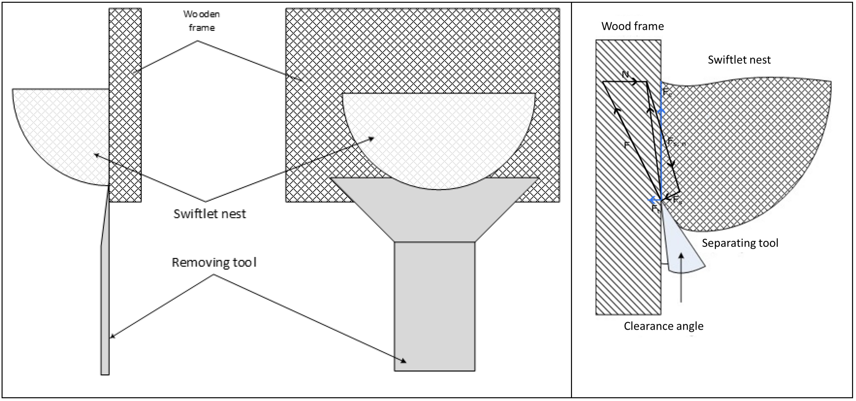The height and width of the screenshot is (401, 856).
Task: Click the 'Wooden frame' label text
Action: [x=201, y=21]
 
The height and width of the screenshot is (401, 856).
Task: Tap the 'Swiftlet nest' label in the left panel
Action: [x=210, y=214]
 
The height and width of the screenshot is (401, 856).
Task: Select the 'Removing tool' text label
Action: [x=214, y=262]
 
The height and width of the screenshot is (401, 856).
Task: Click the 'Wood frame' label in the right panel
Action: [x=632, y=26]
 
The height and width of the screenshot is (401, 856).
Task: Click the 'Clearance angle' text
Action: [x=663, y=326]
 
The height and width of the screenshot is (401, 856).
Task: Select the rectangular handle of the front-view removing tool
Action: [x=434, y=306]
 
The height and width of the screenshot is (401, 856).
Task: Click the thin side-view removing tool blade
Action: [x=105, y=300]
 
